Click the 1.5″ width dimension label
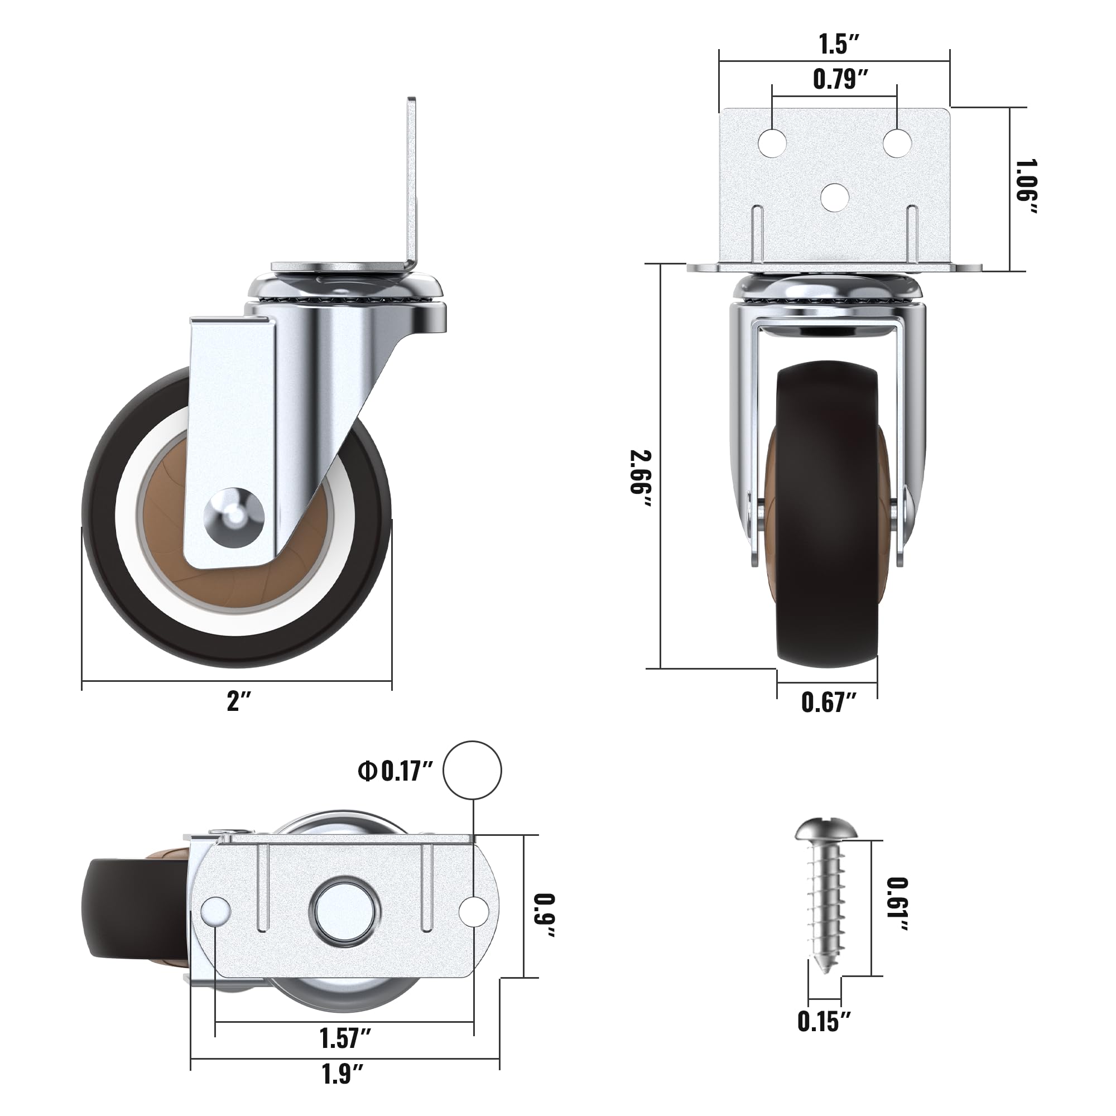point(839,45)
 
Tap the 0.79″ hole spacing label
point(840,79)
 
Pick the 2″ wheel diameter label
point(239,701)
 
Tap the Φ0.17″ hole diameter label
point(395,771)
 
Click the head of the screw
point(826,830)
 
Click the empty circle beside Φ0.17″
point(472,771)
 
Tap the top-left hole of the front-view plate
point(772,143)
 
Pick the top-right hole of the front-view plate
point(897,143)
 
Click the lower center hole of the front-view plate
point(835,197)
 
